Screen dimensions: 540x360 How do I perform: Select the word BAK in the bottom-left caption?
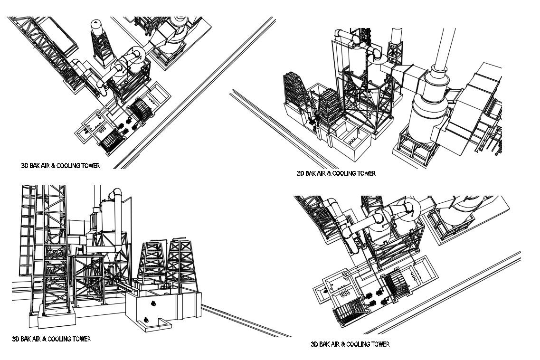[x=26, y=339]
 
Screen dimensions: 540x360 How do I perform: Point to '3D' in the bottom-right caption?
[x=314, y=344]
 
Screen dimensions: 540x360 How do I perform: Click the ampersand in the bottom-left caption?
[x=45, y=339]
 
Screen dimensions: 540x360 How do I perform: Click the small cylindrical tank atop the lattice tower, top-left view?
[x=97, y=27]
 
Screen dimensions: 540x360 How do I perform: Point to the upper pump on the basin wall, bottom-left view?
[x=153, y=303]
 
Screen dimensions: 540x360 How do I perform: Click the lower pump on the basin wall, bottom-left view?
[x=146, y=319]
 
